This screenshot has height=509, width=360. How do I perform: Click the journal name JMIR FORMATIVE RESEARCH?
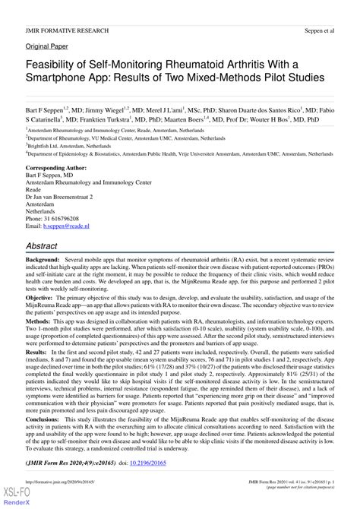[67, 31]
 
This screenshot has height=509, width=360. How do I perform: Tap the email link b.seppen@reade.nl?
[66, 226]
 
